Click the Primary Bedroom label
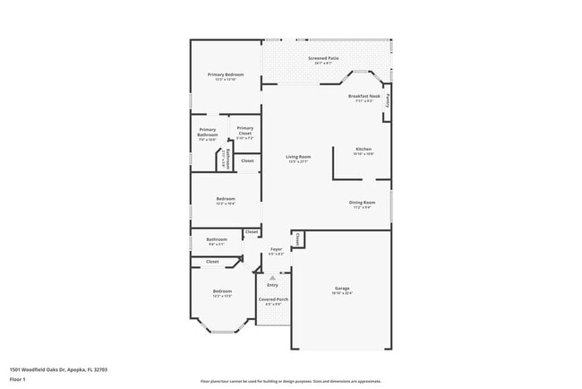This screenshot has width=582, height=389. [226, 74]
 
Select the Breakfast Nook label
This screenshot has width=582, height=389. [364, 96]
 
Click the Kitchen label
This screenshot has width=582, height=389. [363, 149]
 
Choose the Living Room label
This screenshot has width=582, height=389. [297, 157]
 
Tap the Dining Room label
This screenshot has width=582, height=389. [362, 203]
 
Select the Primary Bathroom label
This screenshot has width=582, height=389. [208, 134]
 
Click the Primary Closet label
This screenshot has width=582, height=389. [244, 132]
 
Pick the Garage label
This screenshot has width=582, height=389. [342, 288]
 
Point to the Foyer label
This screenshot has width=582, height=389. [277, 249]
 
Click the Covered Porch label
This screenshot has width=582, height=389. [273, 299]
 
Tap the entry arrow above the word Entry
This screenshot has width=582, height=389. [273, 277]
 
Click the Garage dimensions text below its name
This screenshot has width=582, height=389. [342, 293]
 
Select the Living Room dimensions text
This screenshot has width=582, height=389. [297, 162]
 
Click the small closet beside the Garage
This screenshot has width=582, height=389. [297, 238]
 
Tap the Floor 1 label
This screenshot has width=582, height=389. [18, 379]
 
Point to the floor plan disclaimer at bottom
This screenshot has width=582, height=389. [291, 382]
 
